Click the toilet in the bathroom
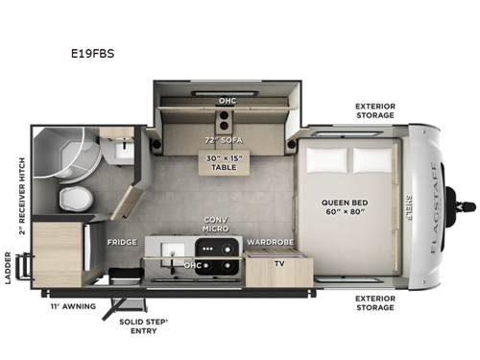click(x=73, y=199)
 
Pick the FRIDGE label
click(x=122, y=242)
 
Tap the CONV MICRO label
click(x=216, y=226)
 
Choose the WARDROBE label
click(x=269, y=242)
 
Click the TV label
click(x=279, y=261)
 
